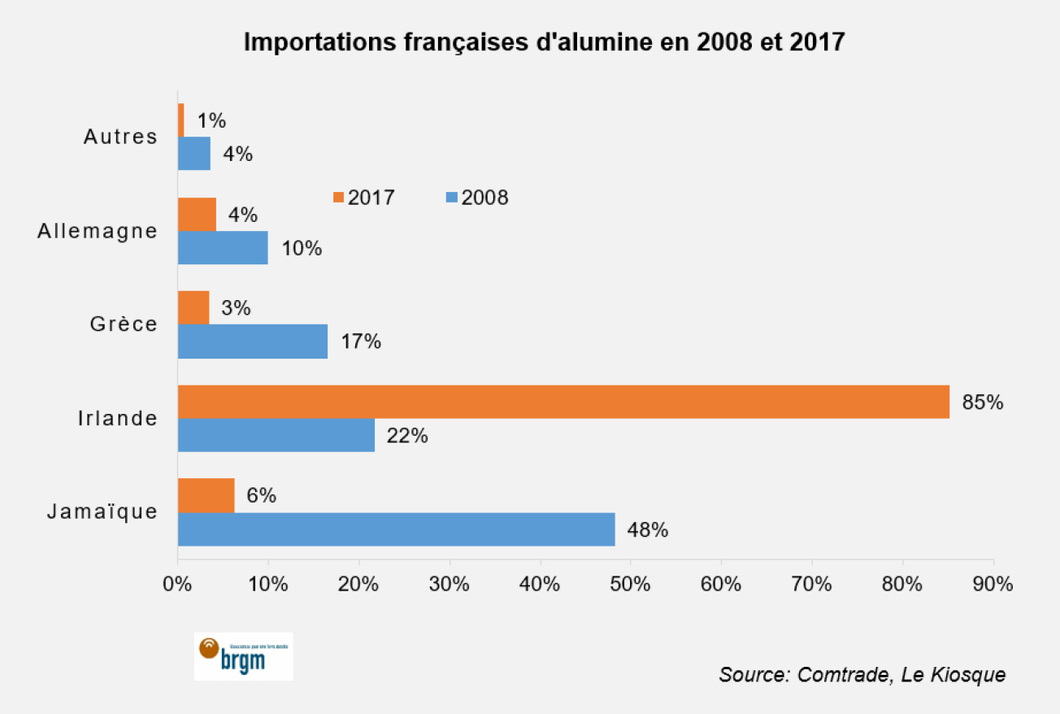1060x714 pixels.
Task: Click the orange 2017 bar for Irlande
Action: coord(563,402)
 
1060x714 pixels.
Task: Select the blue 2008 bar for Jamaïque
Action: coord(396,529)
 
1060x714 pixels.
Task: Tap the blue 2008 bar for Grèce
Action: coord(253,342)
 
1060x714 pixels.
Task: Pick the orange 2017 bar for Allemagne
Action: coord(197,215)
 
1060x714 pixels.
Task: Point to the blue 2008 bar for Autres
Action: coord(194,154)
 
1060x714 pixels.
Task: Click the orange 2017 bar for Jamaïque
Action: coord(206,495)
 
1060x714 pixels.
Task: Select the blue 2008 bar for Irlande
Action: coord(276,435)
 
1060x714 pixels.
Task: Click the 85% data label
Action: coord(983,402)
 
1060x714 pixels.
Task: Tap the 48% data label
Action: coord(647,530)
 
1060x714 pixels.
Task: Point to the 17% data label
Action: coord(360,342)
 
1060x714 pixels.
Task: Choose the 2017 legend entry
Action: coord(364,198)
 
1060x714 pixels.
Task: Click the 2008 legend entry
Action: coord(477,198)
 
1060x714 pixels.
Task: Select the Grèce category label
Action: coord(124,324)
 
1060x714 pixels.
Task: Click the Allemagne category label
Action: coord(98,231)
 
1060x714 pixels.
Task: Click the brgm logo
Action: coord(243,655)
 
